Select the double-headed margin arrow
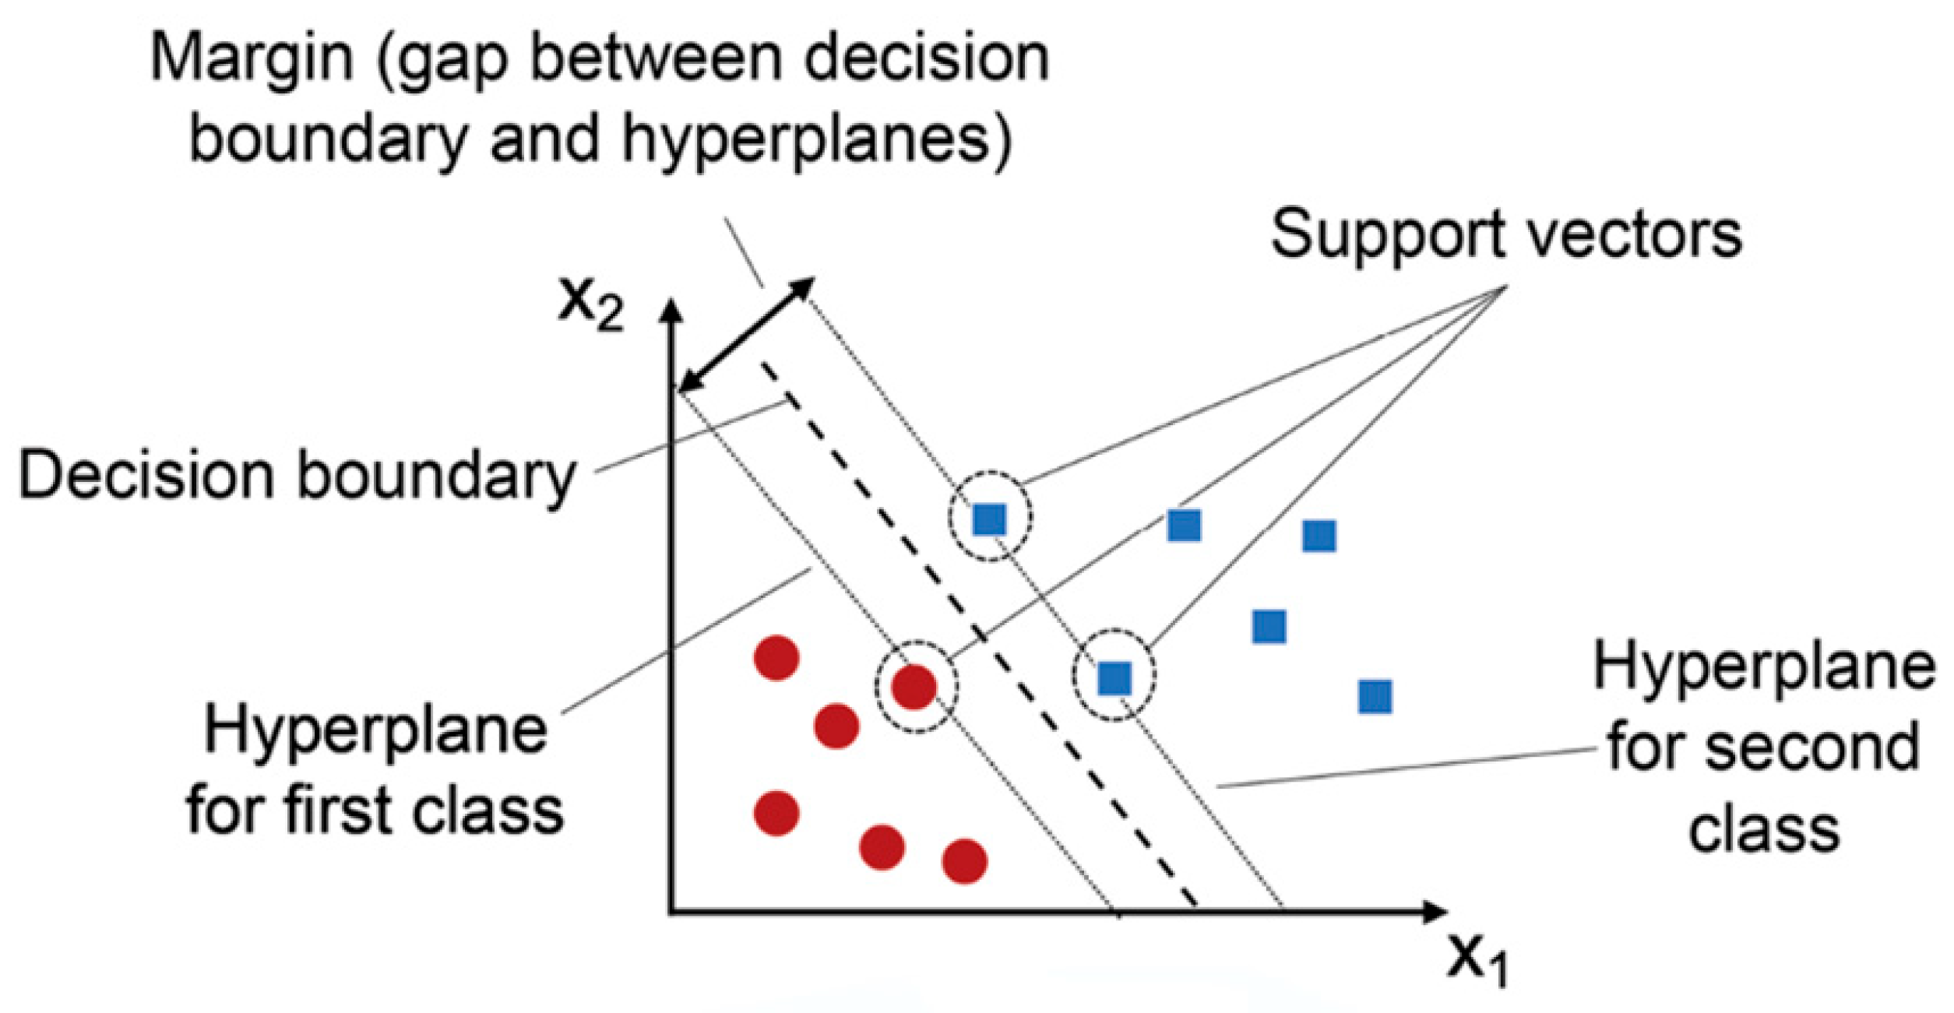pyautogui.click(x=747, y=335)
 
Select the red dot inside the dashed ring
pyautogui.click(x=914, y=688)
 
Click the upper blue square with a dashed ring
pyautogui.click(x=990, y=519)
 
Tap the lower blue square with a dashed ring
pyautogui.click(x=1114, y=678)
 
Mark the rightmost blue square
pyautogui.click(x=1375, y=697)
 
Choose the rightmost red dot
pyautogui.click(x=965, y=861)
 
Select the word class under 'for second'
pyautogui.click(x=1765, y=830)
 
